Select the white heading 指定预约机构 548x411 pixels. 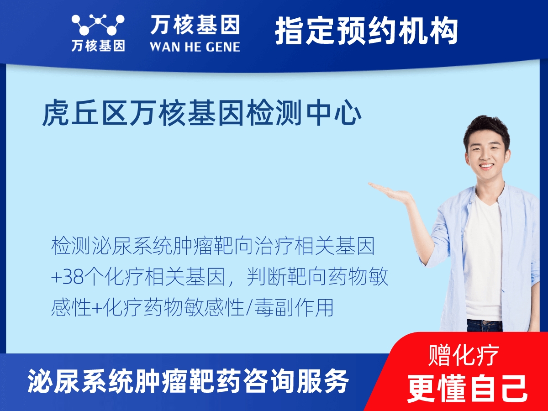[366, 31]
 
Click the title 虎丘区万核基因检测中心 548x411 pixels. [202, 114]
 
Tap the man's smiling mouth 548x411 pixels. [486, 166]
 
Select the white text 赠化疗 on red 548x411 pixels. [464, 355]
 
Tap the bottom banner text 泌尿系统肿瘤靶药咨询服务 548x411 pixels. [188, 381]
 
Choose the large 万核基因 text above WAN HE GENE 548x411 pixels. [195, 25]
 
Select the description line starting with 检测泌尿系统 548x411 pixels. [213, 247]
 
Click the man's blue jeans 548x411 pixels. [485, 325]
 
